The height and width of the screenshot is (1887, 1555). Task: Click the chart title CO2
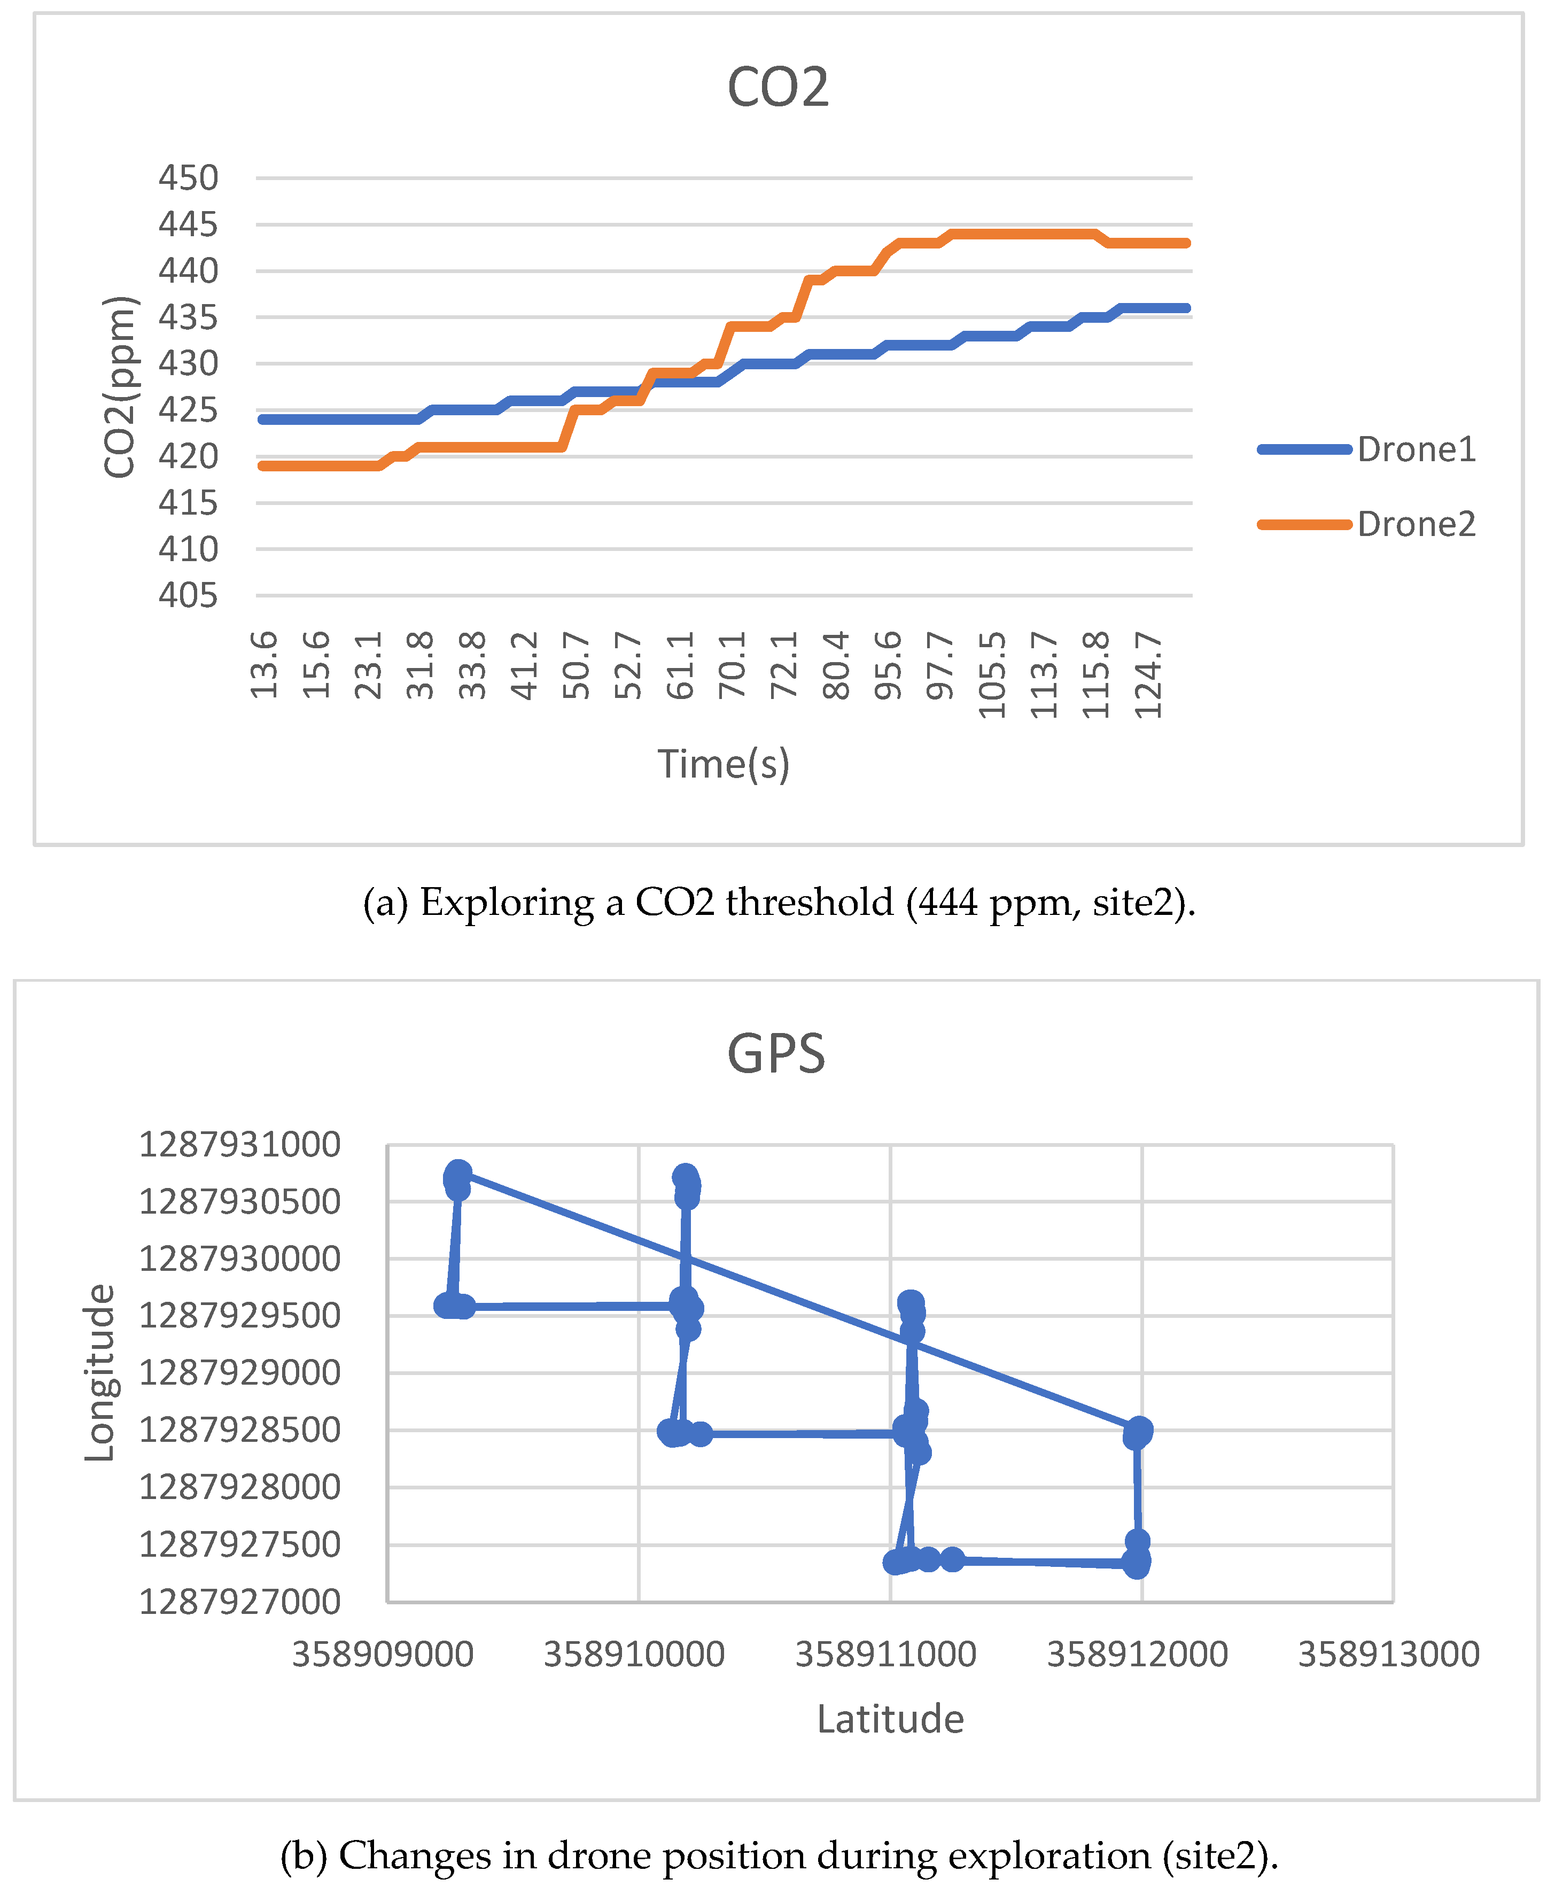777,87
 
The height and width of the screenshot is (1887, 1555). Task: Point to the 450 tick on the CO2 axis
188,178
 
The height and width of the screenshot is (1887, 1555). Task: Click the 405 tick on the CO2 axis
188,595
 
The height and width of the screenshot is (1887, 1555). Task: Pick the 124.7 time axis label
1148,674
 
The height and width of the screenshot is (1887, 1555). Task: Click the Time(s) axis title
724,764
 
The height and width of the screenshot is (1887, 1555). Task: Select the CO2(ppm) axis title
119,387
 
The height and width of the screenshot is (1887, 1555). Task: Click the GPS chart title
776,1053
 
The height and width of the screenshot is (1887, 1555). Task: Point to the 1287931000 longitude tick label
239,1145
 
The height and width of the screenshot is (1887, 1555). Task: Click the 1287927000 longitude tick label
239,1601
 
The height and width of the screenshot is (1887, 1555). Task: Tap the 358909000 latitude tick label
383,1654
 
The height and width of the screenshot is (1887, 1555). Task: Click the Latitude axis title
890,1719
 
